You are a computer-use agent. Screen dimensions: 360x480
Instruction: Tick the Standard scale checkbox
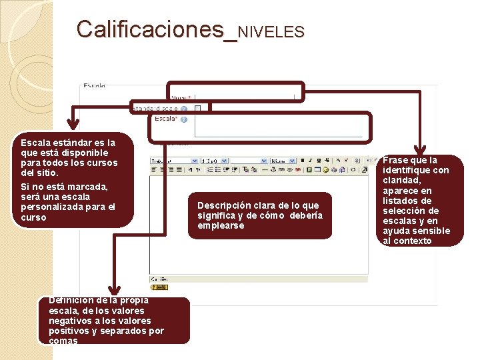(198, 107)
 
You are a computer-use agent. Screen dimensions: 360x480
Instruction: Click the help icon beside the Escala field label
(183, 119)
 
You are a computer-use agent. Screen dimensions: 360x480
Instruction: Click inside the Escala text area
(277, 126)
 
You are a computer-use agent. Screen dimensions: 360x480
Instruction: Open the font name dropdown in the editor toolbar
(174, 161)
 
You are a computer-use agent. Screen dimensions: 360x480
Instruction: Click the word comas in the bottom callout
(63, 341)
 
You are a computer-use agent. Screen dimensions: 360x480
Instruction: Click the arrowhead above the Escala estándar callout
(74, 124)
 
